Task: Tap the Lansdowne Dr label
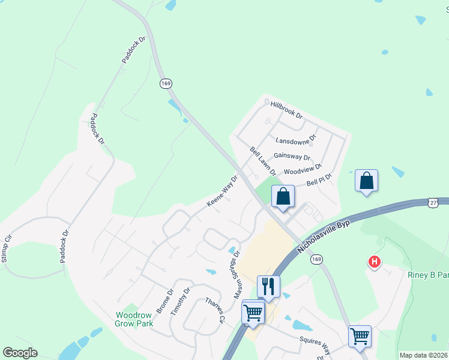point(295,141)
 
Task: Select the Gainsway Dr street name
point(292,156)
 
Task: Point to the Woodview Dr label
point(303,170)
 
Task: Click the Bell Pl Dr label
point(319,182)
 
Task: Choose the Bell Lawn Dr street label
point(263,161)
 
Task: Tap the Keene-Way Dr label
point(223,191)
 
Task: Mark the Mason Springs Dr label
point(237,275)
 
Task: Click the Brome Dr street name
point(164,301)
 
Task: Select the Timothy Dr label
point(180,301)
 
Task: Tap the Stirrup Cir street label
point(7,248)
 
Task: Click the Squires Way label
point(315,346)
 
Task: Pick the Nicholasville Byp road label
point(322,238)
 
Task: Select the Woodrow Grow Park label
point(134,319)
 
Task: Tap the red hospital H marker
point(375,262)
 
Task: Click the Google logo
point(20,353)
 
